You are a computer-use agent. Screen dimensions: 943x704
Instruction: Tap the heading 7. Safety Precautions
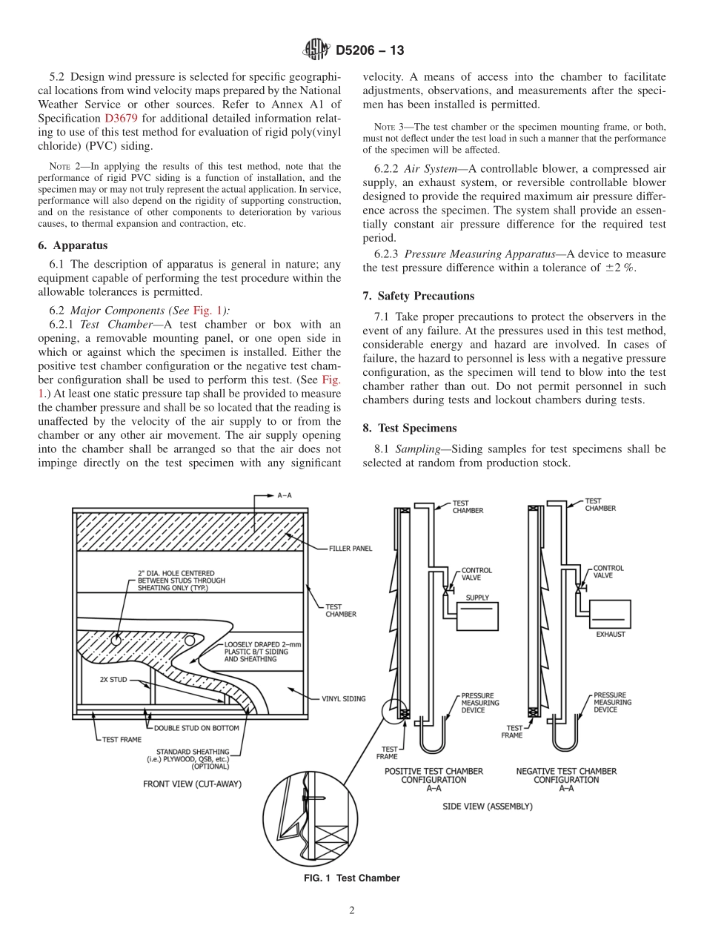click(x=418, y=296)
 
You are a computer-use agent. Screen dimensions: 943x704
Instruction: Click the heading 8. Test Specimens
click(x=410, y=428)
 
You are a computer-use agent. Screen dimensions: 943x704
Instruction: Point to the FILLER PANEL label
click(x=351, y=549)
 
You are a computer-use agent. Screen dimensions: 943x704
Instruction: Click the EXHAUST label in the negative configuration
click(x=611, y=634)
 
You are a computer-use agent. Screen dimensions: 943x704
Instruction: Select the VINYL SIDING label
click(x=343, y=698)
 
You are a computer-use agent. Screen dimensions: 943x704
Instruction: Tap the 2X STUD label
click(x=113, y=678)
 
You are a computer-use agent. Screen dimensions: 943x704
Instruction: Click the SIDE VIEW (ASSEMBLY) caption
click(x=487, y=806)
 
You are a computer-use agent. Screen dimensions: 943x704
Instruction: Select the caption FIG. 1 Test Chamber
click(x=351, y=878)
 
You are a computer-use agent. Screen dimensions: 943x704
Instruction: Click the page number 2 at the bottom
click(x=352, y=911)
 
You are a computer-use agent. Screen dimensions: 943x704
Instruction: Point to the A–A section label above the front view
click(x=283, y=495)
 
